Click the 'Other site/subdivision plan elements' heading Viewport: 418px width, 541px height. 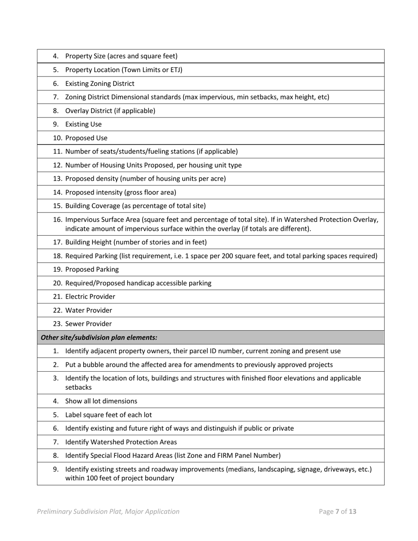tap(99, 337)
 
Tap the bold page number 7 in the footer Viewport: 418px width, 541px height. tap(337, 512)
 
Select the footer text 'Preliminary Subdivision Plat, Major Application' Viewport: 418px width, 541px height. tap(108, 512)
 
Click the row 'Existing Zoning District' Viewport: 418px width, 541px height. tap(100, 84)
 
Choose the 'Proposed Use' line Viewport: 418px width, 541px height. tap(86, 138)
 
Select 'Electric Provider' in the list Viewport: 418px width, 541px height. tap(90, 296)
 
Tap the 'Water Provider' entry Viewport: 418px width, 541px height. tap(88, 310)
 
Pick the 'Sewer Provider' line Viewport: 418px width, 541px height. tap(88, 324)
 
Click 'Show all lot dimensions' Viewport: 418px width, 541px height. tap(101, 401)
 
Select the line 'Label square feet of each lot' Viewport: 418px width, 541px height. tap(109, 415)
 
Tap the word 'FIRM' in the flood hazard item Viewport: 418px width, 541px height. tap(231, 456)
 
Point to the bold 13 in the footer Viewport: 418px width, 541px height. tap(352, 512)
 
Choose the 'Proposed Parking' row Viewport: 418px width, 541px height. tap(92, 269)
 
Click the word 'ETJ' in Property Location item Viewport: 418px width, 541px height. tap(175, 70)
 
